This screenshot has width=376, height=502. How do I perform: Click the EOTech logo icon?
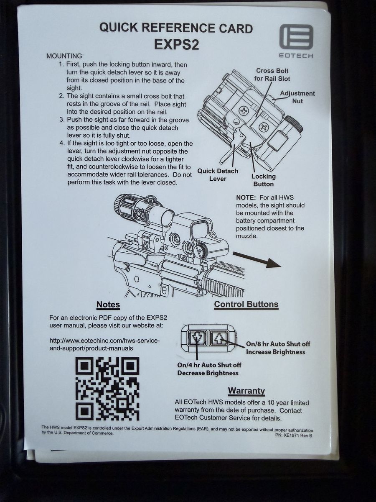tap(296, 37)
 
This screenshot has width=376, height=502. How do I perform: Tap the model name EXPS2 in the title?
tap(176, 45)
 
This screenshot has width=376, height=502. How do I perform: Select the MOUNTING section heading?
tap(64, 56)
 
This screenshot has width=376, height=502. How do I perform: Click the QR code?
tap(107, 389)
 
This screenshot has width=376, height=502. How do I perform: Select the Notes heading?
tap(108, 305)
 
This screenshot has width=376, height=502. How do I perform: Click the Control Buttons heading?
tap(246, 305)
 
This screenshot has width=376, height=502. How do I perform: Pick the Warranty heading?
tap(246, 391)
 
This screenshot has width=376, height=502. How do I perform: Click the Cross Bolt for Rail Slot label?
tap(272, 75)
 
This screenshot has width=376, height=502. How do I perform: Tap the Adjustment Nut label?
tap(297, 97)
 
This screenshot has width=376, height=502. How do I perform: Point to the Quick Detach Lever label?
tap(218, 175)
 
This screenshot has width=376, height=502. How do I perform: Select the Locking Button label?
tap(264, 180)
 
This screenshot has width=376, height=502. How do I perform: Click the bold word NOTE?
tap(246, 197)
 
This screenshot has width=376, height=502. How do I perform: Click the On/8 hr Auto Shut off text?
tap(278, 344)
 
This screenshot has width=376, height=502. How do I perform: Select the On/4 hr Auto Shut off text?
tap(209, 365)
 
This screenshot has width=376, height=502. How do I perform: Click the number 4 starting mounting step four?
tap(62, 143)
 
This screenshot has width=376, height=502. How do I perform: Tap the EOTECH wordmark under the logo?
tap(296, 56)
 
